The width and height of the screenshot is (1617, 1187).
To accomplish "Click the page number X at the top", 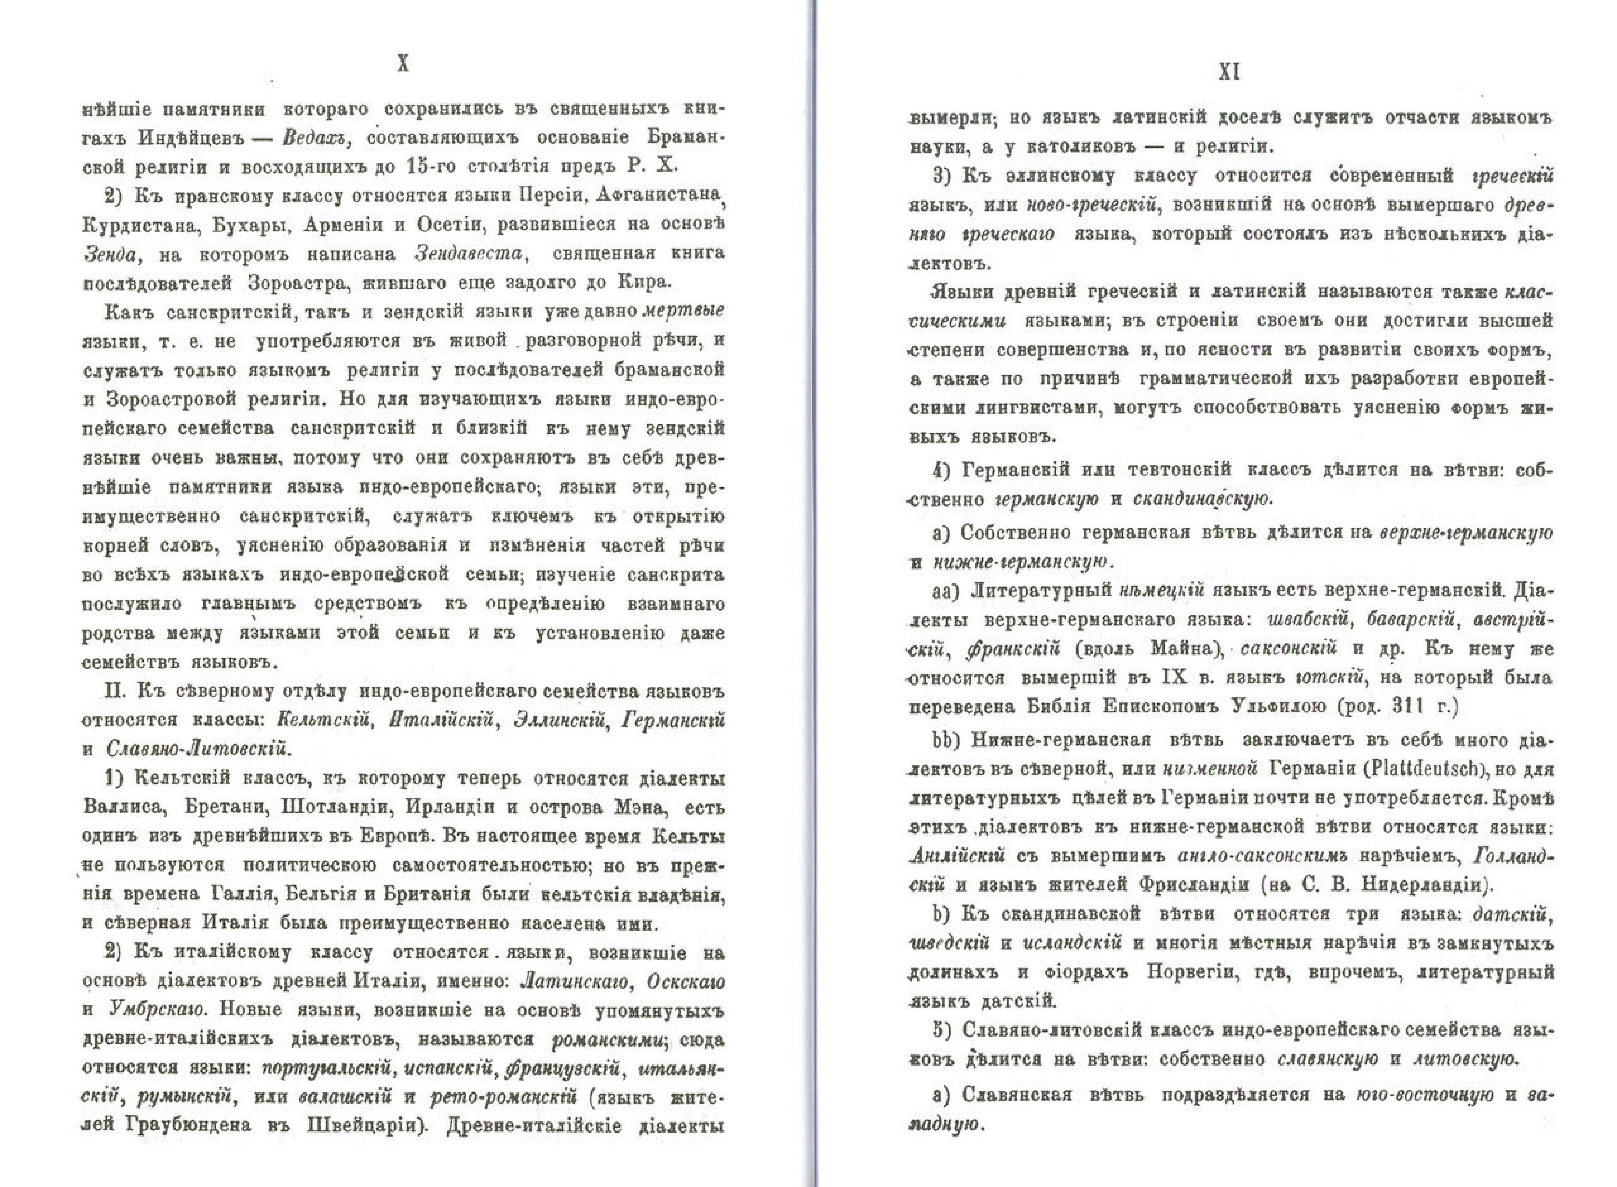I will (x=403, y=65).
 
